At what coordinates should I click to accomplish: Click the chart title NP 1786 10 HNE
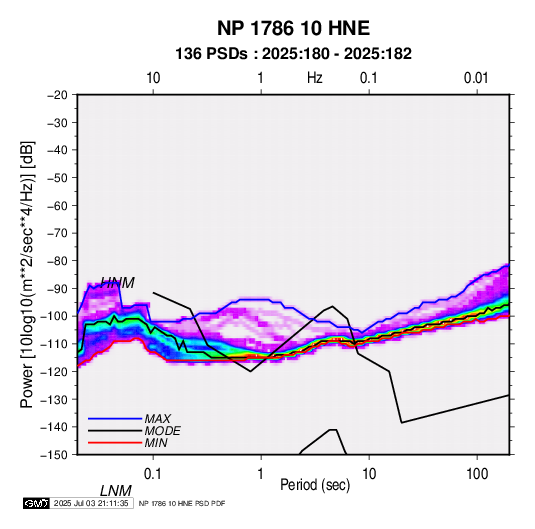tap(293, 28)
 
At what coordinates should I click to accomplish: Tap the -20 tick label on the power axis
tap(57, 95)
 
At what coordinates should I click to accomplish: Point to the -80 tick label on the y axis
tap(57, 261)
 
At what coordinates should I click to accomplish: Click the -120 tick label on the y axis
tap(55, 372)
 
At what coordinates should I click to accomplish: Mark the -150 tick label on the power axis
tap(55, 455)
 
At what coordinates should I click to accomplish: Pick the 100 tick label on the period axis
tap(477, 474)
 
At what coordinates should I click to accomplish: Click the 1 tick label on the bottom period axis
tap(261, 474)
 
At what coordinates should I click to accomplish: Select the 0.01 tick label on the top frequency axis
tap(476, 78)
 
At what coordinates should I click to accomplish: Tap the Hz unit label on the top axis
tap(315, 78)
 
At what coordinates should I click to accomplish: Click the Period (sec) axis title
tap(315, 485)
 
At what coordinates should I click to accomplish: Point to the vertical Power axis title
tap(27, 275)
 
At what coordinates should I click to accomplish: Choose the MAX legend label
tap(158, 419)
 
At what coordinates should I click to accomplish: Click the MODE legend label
tap(162, 431)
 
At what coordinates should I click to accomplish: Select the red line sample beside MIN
tap(115, 443)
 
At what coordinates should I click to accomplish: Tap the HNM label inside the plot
tap(117, 283)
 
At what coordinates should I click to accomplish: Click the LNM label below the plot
tap(116, 491)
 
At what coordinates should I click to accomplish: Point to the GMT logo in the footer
tap(37, 503)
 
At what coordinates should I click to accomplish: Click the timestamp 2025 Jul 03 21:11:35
tap(91, 503)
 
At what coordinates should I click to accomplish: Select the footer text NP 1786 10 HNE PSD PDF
tap(182, 503)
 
